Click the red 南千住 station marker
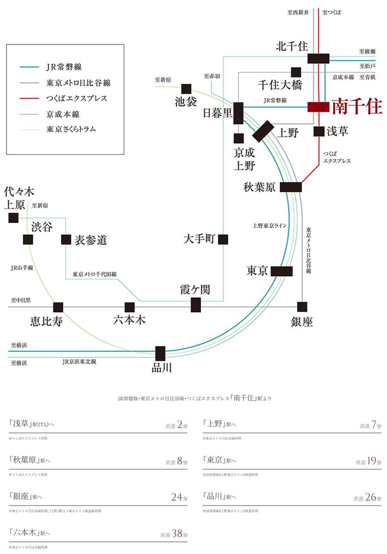[318, 107]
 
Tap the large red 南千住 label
[357, 107]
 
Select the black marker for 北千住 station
[318, 58]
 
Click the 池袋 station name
[186, 102]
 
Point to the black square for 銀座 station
[302, 307]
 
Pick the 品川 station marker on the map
[160, 353]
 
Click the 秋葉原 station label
[259, 187]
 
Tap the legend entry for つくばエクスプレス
[76, 98]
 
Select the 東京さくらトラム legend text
[71, 129]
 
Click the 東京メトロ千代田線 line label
[95, 275]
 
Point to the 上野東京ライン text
[269, 226]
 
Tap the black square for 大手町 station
[223, 239]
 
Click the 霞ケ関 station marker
[196, 305]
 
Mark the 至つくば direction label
[331, 13]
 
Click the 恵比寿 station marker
[58, 307]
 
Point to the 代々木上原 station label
[19, 198]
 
